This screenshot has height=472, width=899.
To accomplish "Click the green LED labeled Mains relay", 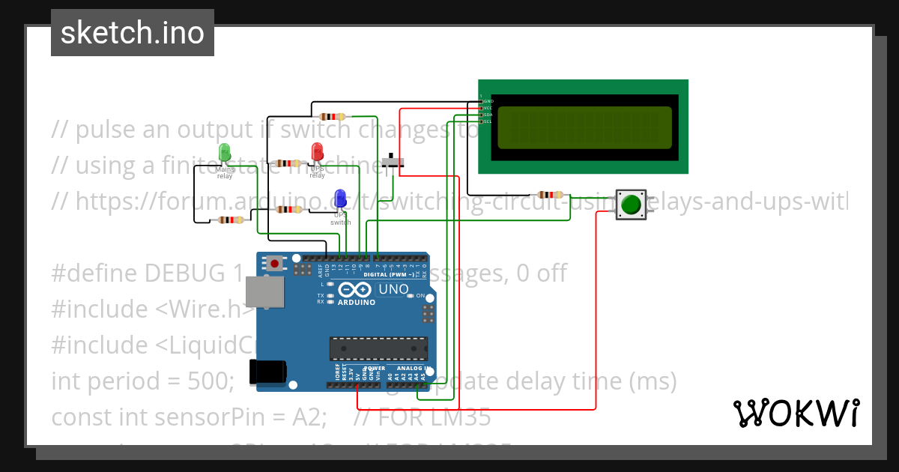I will (225, 153).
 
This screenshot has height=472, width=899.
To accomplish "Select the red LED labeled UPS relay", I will (317, 151).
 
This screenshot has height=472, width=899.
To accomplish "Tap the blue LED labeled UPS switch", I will (340, 198).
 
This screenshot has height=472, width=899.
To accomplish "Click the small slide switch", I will (392, 162).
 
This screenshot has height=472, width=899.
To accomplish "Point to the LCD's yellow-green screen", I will (584, 127).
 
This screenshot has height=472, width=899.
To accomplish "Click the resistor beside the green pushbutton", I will (551, 195).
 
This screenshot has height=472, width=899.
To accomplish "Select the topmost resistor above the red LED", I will (332, 116).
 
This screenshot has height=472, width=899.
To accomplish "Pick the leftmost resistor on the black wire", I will (230, 220).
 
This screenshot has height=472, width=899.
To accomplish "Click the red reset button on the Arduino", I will (275, 263).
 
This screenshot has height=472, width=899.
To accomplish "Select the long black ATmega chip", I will (378, 348).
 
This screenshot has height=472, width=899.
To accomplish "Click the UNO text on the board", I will (393, 289).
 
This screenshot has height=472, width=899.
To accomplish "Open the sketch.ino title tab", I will (133, 33).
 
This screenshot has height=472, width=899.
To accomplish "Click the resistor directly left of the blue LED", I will (288, 210).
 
